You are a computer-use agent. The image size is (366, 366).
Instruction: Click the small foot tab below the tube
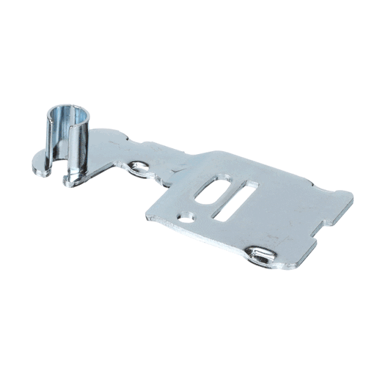[73, 176]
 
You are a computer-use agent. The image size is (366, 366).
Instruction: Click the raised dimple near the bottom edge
[260, 255]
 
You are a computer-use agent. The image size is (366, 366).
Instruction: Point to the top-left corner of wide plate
[213, 154]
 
